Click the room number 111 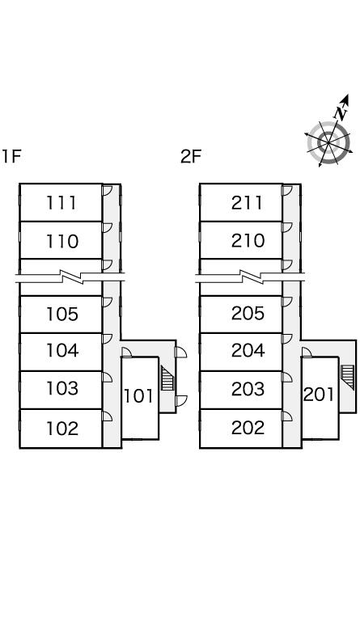[x=61, y=203]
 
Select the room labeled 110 [x=62, y=241]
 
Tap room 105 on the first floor [x=62, y=314]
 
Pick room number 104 [x=62, y=350]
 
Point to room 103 [x=62, y=388]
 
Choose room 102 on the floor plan [x=62, y=428]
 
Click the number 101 [x=138, y=395]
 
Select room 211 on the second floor [x=247, y=203]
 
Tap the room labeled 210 [x=248, y=241]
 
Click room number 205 [x=248, y=314]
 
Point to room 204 [x=248, y=350]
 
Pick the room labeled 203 [x=248, y=389]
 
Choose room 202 [x=248, y=428]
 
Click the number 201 [x=319, y=395]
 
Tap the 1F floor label [x=11, y=156]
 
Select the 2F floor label [x=191, y=156]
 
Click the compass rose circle [x=328, y=142]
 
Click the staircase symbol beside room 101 [x=167, y=378]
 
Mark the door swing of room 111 [x=108, y=191]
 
